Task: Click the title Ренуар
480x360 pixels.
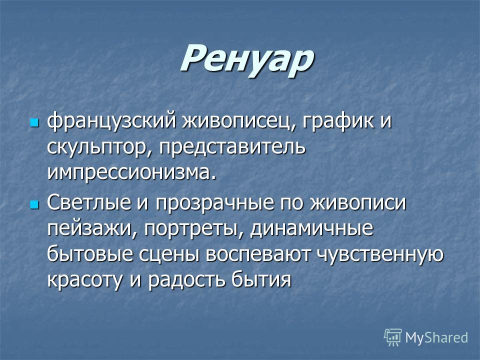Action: [246, 59]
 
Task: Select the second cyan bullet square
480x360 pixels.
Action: [34, 204]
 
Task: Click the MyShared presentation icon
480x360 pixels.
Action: [393, 337]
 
